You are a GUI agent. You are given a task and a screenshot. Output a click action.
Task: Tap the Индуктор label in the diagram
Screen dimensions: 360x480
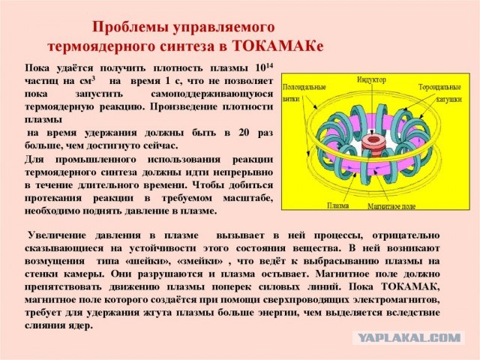pyautogui.click(x=370, y=79)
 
